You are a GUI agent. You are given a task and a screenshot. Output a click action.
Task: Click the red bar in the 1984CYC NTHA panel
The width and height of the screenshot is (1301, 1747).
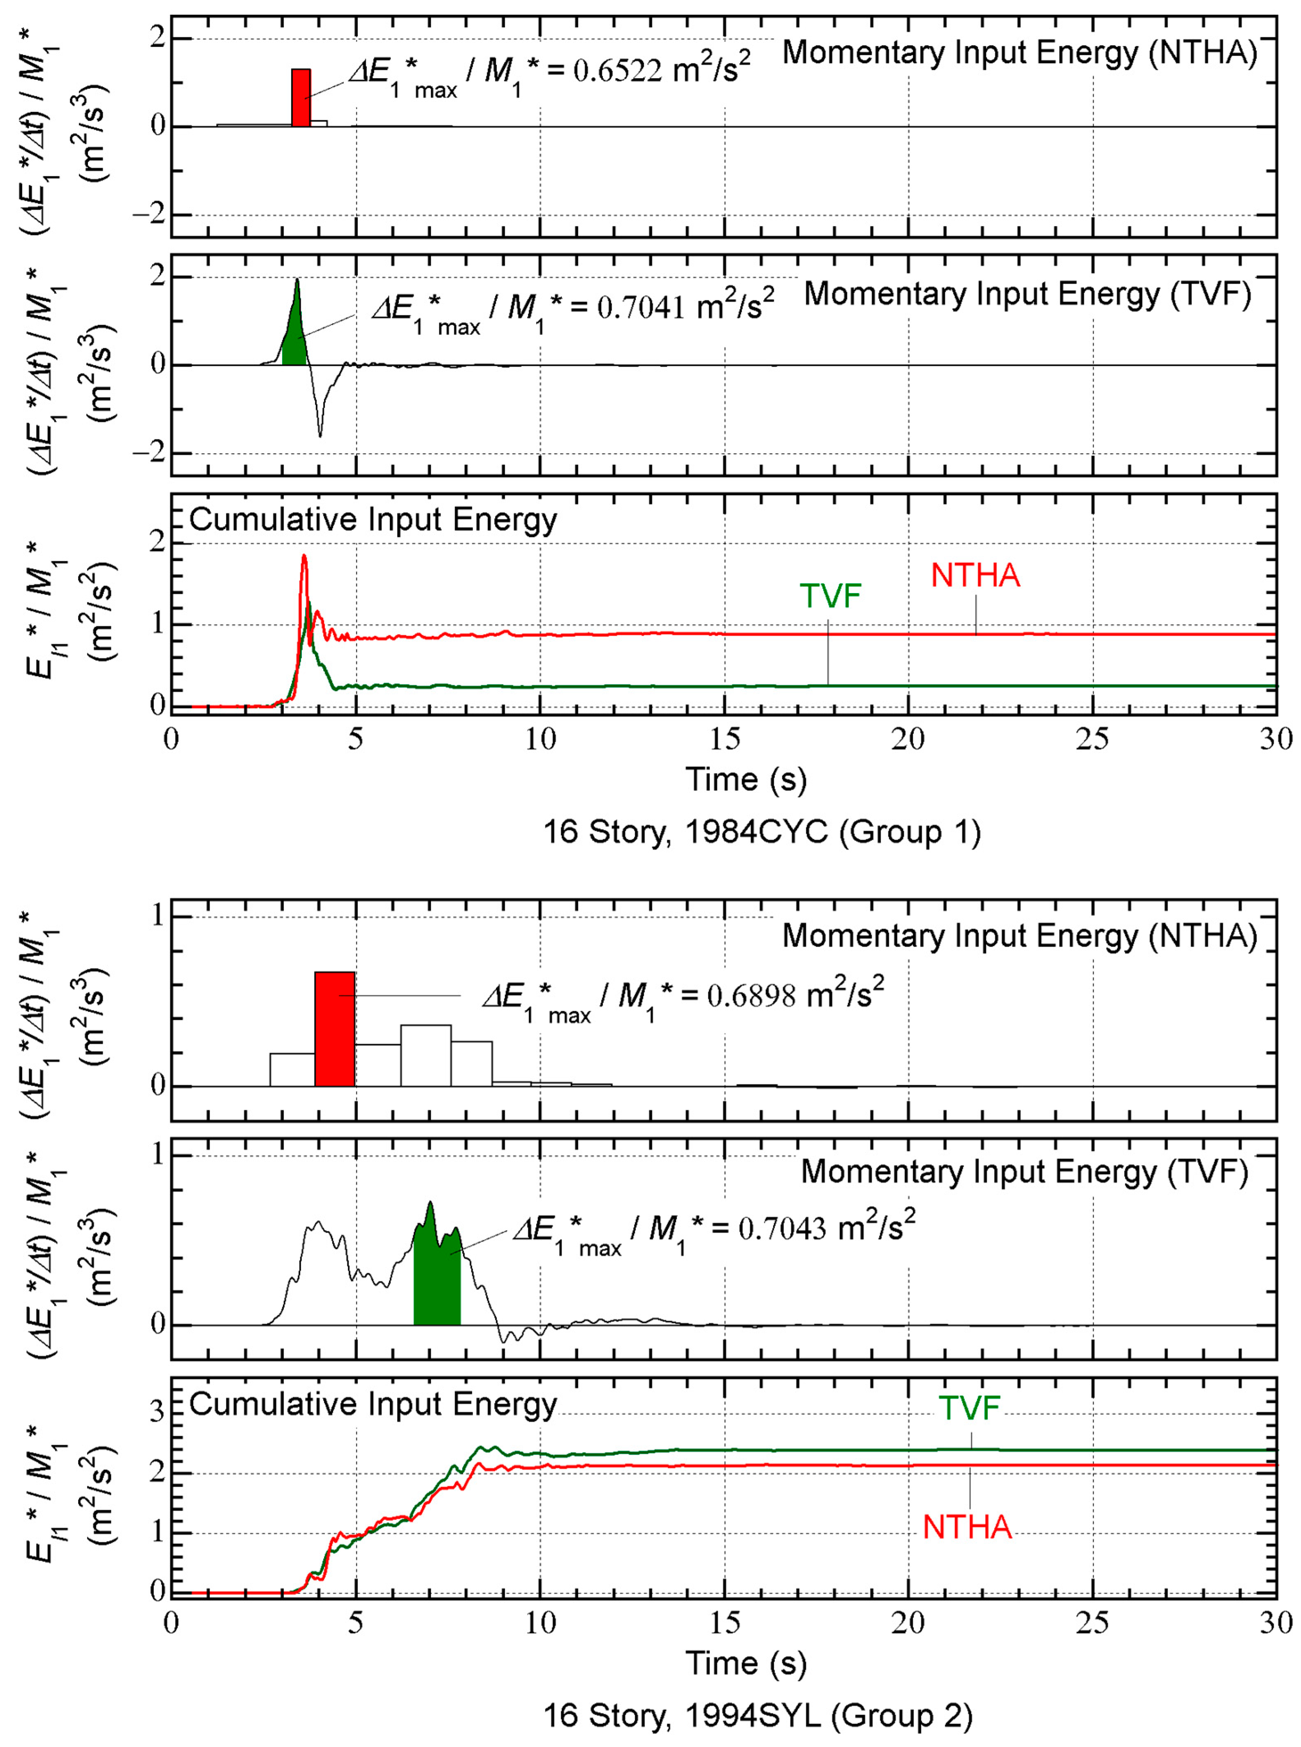(301, 97)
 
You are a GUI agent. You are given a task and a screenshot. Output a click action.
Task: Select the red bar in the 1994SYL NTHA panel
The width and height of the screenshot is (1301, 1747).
(335, 1029)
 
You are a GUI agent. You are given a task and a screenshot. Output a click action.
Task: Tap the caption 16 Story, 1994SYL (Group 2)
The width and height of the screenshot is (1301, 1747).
(757, 1715)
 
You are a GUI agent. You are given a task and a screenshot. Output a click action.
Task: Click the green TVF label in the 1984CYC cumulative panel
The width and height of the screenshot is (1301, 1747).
(830, 596)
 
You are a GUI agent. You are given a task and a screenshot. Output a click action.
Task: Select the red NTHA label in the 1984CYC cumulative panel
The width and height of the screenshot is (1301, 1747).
(975, 576)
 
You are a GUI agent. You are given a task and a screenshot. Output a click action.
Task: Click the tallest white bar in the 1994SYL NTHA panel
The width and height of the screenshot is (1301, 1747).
(426, 1055)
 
